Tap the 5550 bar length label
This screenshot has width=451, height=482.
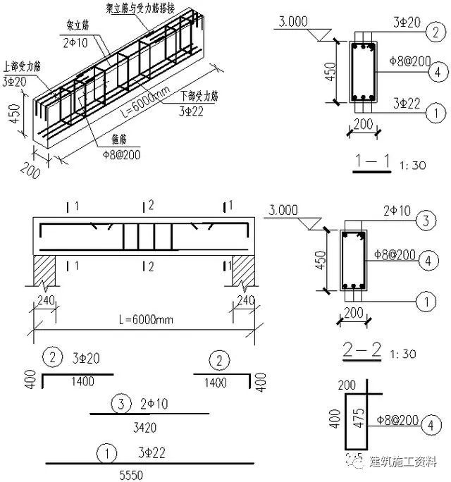pyautogui.click(x=130, y=474)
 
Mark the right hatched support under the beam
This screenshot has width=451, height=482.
pyautogui.click(x=247, y=270)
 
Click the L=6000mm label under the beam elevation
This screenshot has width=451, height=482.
pyautogui.click(x=145, y=319)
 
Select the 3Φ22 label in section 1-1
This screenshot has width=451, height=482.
pyautogui.click(x=404, y=104)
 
